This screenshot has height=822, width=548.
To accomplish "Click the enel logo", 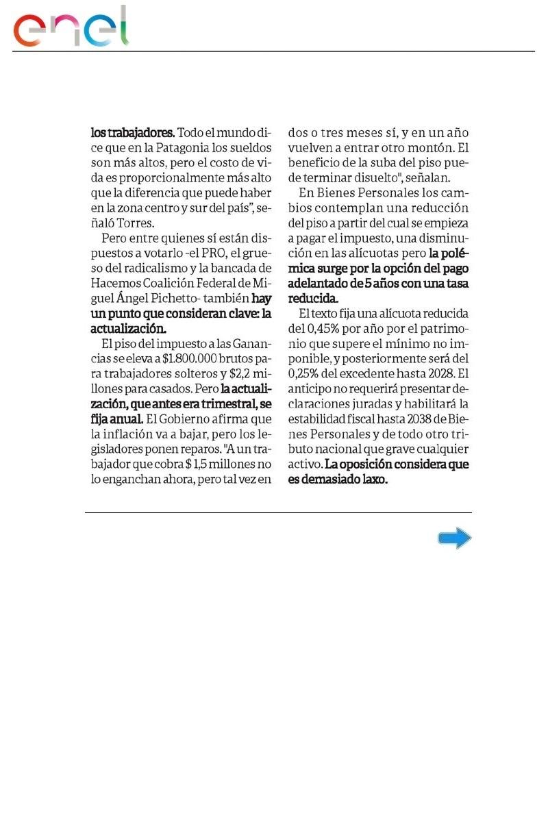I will pos(71,27).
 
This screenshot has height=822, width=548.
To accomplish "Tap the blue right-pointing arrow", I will pos(454,538).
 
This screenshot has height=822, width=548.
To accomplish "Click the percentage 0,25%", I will pos(308,373).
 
